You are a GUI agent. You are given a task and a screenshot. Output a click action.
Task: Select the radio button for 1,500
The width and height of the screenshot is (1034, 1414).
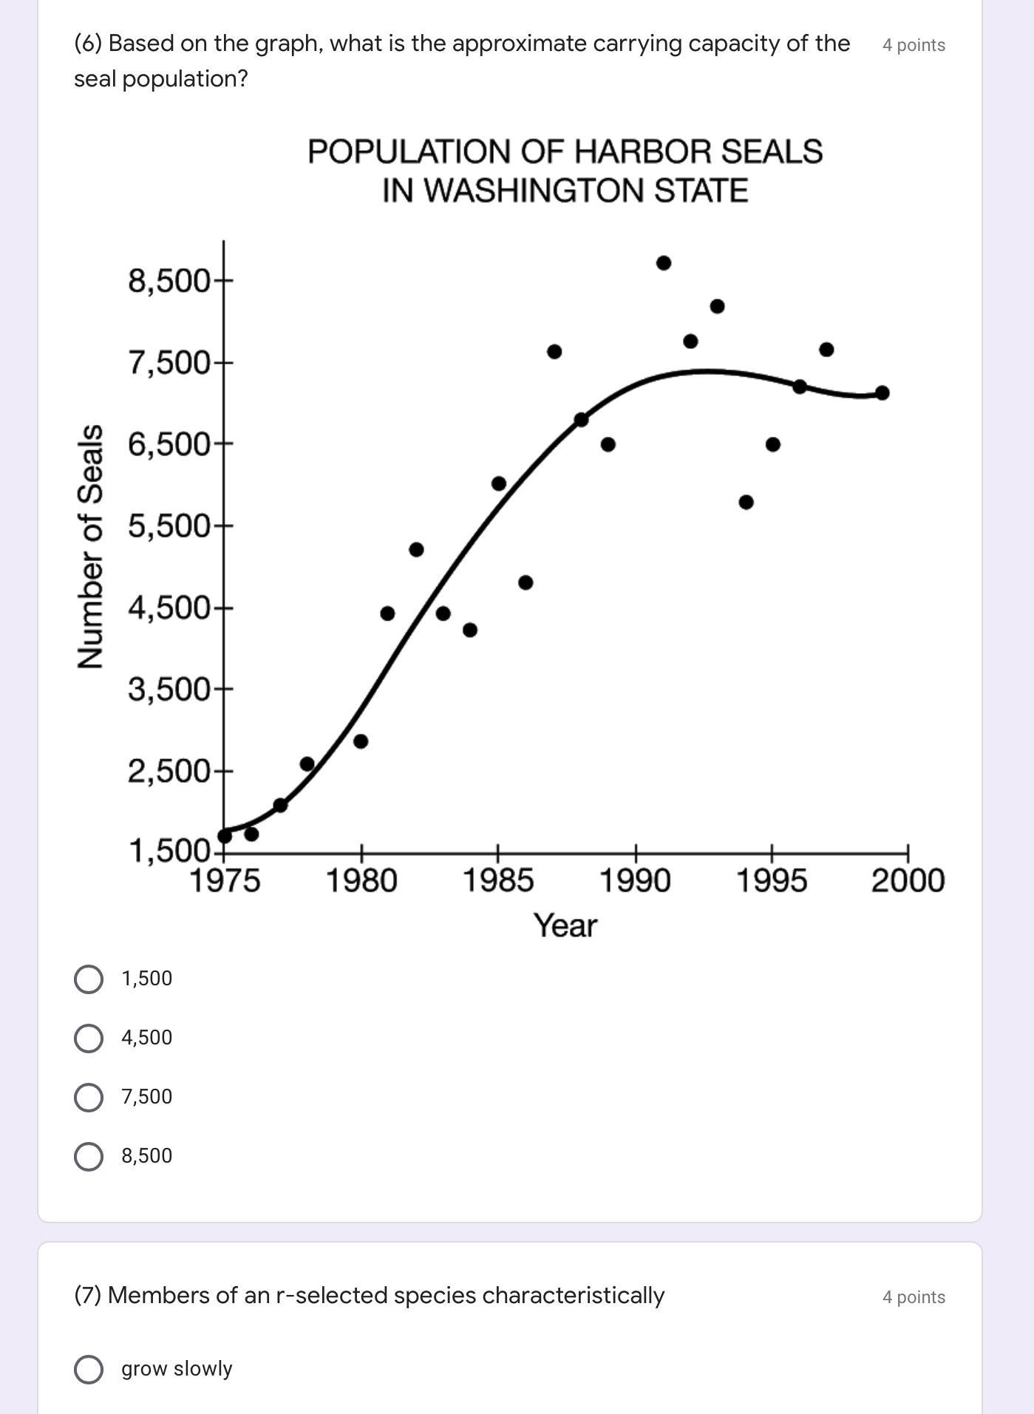click(89, 979)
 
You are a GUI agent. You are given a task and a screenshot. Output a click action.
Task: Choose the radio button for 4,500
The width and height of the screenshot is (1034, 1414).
click(89, 1038)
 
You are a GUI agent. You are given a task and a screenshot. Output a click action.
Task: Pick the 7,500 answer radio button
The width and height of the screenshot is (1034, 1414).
click(89, 1097)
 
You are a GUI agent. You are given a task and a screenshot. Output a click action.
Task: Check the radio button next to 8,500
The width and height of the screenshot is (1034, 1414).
click(89, 1156)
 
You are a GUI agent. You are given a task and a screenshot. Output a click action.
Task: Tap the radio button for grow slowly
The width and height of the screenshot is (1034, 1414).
click(89, 1369)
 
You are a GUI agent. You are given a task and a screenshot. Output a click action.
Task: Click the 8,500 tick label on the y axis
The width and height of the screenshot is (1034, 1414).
click(170, 282)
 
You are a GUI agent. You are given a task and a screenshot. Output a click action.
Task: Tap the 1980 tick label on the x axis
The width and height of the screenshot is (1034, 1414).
click(361, 881)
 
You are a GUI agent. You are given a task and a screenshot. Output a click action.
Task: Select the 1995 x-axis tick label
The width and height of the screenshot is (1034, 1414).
click(772, 881)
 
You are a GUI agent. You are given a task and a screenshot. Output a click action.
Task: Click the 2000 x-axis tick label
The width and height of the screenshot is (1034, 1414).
click(908, 881)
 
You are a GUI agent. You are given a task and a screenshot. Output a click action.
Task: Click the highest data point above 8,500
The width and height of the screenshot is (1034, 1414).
click(664, 263)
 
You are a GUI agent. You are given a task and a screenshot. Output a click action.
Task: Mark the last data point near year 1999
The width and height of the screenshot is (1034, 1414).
click(882, 392)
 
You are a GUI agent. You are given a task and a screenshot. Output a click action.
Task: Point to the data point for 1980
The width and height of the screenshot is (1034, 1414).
click(361, 741)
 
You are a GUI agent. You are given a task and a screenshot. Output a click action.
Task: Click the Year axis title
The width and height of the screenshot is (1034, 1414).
click(565, 925)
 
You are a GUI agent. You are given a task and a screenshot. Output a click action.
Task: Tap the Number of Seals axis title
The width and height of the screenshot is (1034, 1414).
click(90, 546)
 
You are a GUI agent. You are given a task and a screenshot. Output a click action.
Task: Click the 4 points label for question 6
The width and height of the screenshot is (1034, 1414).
click(914, 45)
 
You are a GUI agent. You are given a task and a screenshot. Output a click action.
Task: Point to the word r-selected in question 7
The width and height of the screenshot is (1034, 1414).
click(332, 1296)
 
